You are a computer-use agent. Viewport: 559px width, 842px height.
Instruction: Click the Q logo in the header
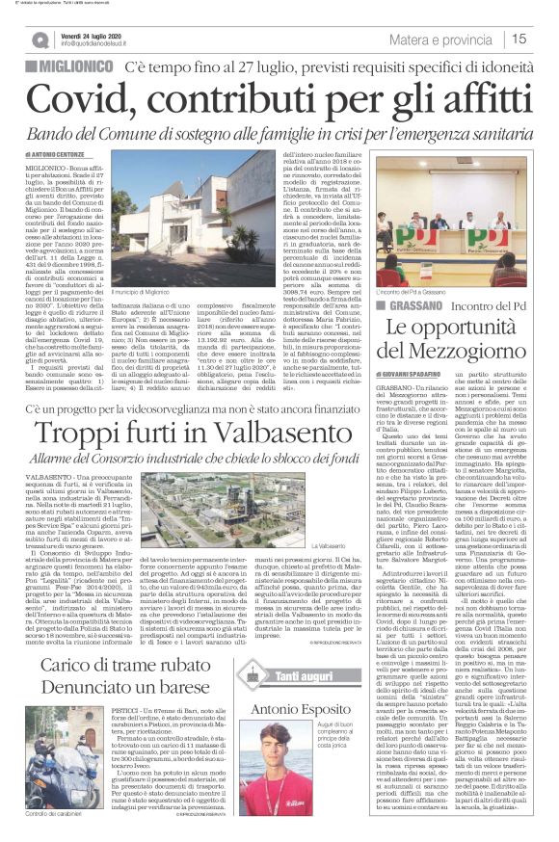[x=40, y=39]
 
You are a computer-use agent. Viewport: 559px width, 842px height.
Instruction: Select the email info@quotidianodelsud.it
[x=107, y=44]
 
